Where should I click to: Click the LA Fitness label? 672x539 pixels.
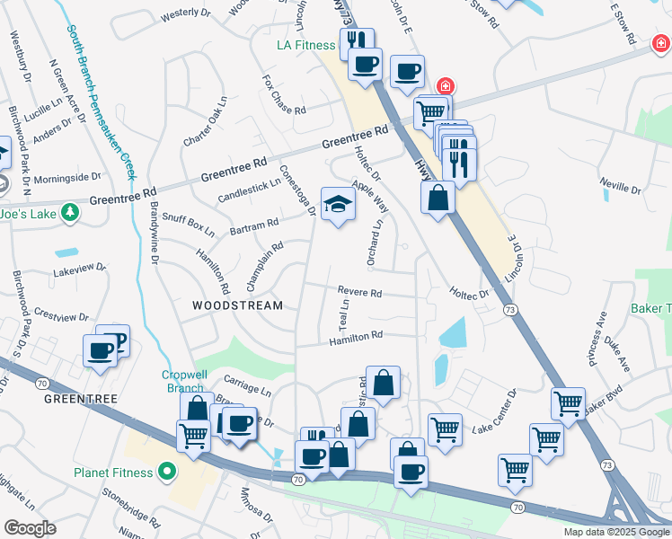(x=305, y=44)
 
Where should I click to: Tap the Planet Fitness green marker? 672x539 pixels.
(x=165, y=470)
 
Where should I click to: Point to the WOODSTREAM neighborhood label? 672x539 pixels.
(x=237, y=305)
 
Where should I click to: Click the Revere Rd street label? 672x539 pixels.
(x=359, y=292)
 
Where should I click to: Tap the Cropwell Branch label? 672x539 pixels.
(x=185, y=381)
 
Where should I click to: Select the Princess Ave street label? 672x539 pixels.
(x=597, y=332)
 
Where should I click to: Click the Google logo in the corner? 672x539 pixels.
(x=30, y=528)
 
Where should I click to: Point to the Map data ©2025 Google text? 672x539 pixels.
(x=616, y=532)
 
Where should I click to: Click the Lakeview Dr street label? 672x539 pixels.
(x=79, y=268)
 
